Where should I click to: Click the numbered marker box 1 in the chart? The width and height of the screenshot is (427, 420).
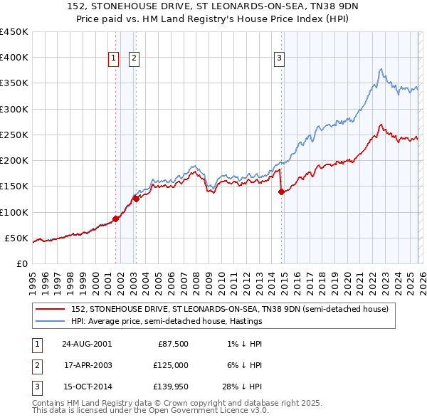(113, 59)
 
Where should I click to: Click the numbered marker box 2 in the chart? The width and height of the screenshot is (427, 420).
(134, 59)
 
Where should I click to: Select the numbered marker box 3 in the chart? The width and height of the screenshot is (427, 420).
(280, 59)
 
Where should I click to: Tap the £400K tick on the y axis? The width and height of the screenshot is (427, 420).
(14, 58)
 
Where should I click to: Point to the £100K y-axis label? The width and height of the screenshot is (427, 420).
(14, 212)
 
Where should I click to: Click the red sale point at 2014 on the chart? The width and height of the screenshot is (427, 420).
(281, 191)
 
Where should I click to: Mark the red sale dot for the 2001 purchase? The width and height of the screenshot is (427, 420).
(116, 219)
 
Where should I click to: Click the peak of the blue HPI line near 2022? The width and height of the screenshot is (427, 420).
(382, 69)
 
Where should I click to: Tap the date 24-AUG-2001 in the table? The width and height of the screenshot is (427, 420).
(86, 344)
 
